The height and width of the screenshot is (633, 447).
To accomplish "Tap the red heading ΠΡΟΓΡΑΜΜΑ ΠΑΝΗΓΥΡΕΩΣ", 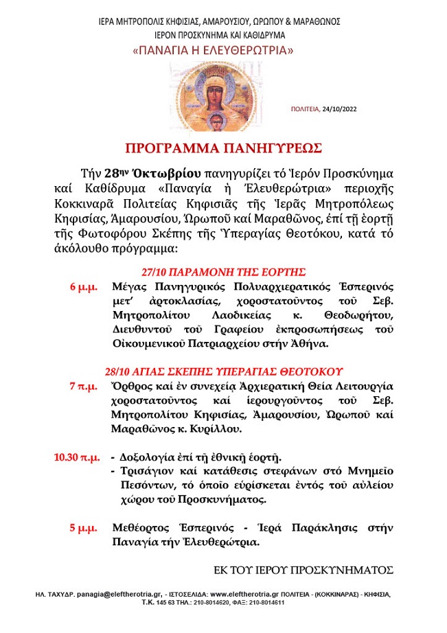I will pos(223,148).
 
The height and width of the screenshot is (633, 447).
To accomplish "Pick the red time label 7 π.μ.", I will pos(84,386).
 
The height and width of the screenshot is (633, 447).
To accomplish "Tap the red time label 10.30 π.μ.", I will pos(75,457).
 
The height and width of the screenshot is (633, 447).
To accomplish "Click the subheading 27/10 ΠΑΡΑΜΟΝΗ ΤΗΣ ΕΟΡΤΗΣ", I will pos(223,271).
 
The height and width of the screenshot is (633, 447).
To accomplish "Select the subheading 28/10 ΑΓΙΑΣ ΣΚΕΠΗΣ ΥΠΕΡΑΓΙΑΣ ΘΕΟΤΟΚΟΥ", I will pos(225,371).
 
